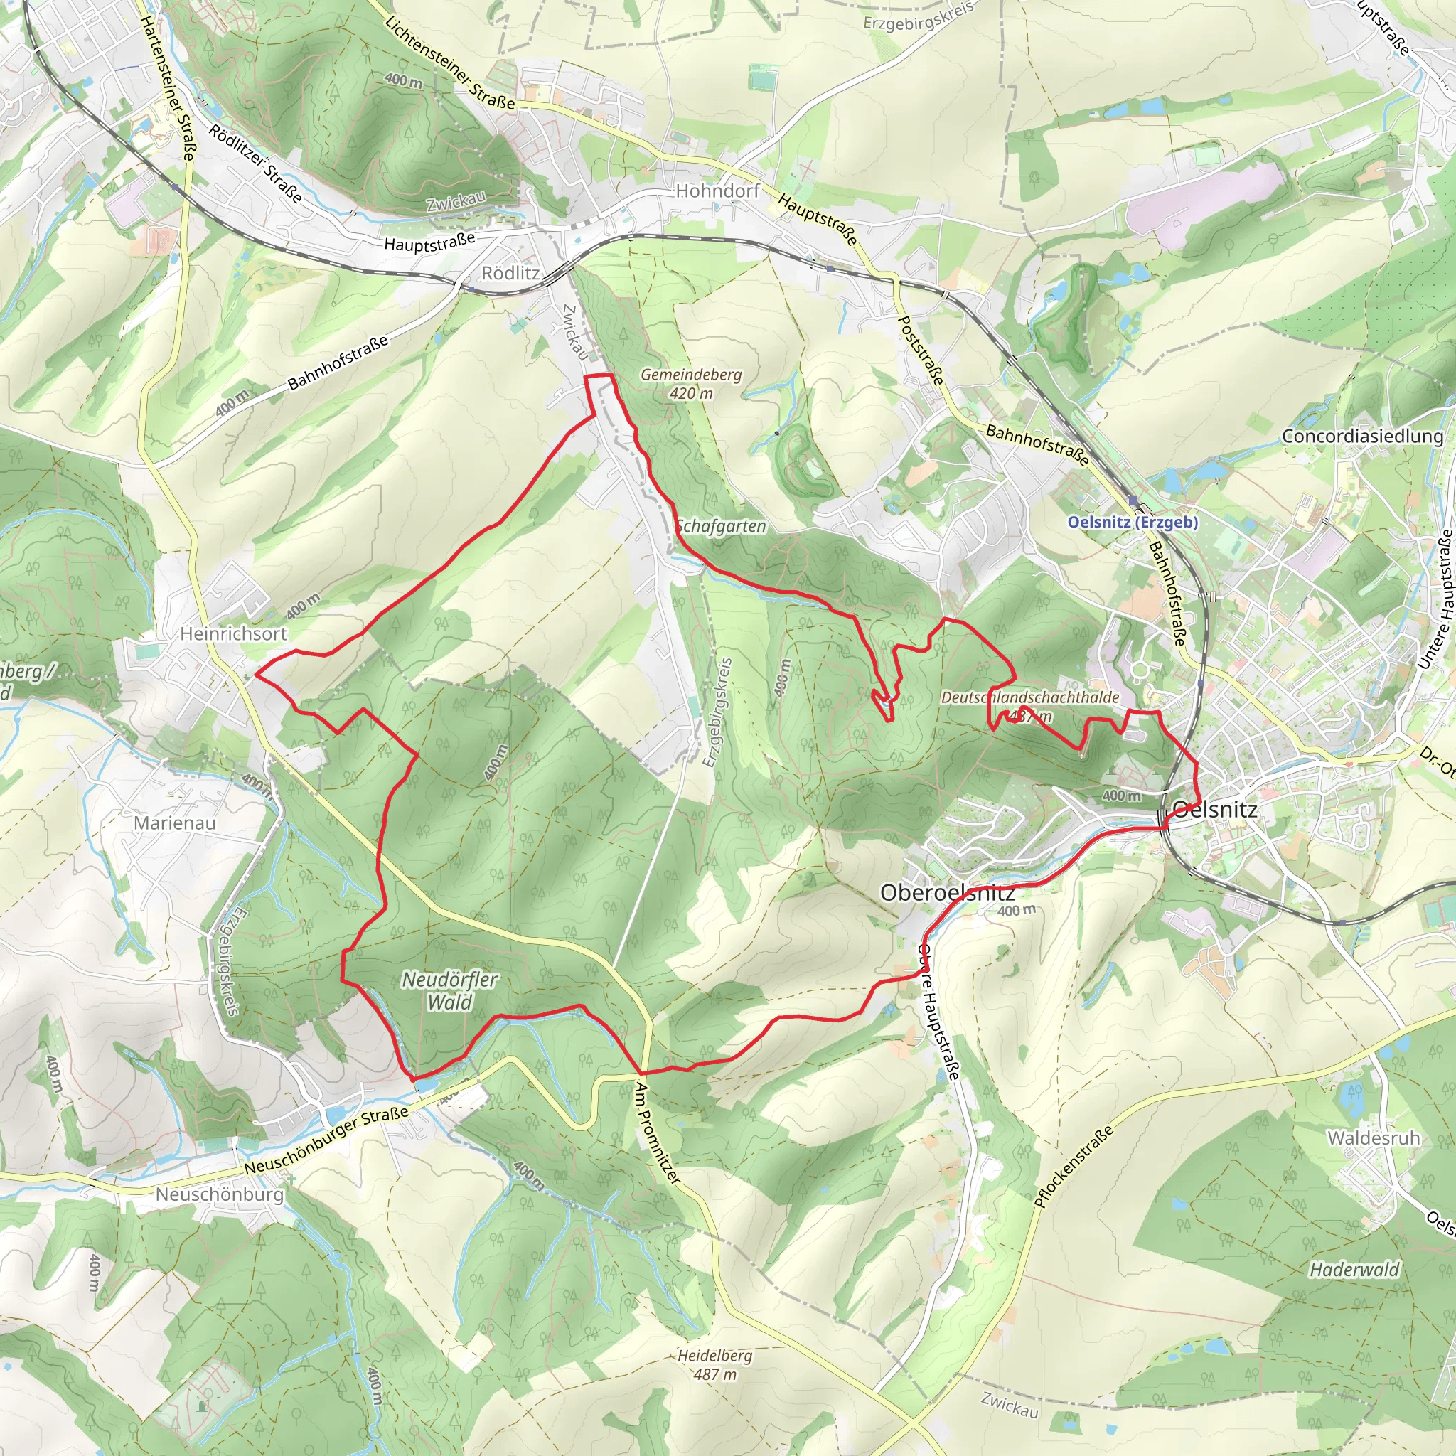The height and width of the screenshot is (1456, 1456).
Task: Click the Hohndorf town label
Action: tap(717, 191)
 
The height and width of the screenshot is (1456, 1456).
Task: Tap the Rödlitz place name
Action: tap(510, 273)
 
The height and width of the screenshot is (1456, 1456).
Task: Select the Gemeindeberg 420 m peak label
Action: tap(690, 383)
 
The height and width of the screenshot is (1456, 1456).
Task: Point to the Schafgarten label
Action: tap(721, 526)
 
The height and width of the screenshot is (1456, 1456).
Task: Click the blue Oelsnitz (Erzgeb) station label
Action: tap(1132, 523)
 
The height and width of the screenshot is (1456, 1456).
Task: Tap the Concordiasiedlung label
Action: tap(1363, 437)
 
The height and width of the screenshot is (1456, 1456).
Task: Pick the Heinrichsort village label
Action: tap(233, 633)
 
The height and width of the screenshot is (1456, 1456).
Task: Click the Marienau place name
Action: tap(174, 823)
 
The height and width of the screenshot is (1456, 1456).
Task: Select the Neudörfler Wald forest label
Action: tap(449, 990)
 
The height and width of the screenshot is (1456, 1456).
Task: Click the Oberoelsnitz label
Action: tap(947, 893)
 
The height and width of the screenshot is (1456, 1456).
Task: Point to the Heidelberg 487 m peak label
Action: tap(714, 1364)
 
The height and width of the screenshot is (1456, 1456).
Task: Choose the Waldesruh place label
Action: tap(1373, 1138)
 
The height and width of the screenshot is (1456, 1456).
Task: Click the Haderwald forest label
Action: tap(1354, 1270)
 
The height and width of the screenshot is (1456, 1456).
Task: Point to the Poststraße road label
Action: tap(920, 350)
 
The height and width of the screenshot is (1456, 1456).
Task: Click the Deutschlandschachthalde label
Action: tap(1029, 697)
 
